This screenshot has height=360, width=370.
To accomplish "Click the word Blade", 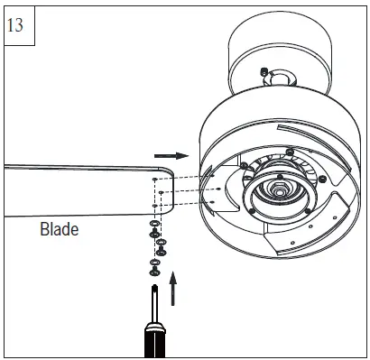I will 59,229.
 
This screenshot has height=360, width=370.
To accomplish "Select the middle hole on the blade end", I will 159,192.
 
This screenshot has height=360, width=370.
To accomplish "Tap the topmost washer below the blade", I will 155,222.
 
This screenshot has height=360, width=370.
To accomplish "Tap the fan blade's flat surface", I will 72,190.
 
